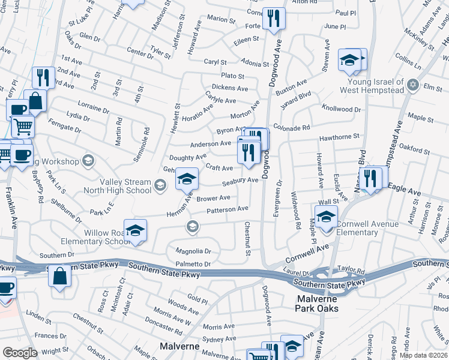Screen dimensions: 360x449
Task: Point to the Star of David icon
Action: point(412,86)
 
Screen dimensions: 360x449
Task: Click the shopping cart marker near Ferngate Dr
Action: point(23,127)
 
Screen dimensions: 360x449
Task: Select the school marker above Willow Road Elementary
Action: point(135,230)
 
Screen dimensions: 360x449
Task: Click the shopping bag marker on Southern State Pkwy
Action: point(59,276)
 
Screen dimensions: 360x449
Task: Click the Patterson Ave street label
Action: point(227,209)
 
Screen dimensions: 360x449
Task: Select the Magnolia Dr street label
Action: point(193,251)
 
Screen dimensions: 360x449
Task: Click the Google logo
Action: point(20,352)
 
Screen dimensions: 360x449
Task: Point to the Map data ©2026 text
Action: point(423,355)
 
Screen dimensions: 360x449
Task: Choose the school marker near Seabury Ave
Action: point(187,178)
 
